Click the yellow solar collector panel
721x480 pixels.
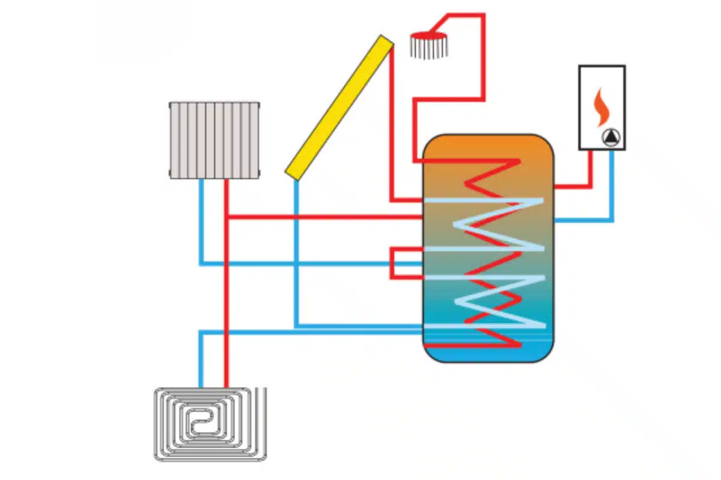point(340,107)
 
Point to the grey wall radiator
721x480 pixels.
point(214,140)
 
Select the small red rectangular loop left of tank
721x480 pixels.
point(400,263)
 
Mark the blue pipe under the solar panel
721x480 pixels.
point(296,252)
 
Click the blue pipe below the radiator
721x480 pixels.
point(201,222)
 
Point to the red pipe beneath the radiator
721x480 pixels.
point(227,198)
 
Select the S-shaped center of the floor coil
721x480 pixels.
point(198,424)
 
